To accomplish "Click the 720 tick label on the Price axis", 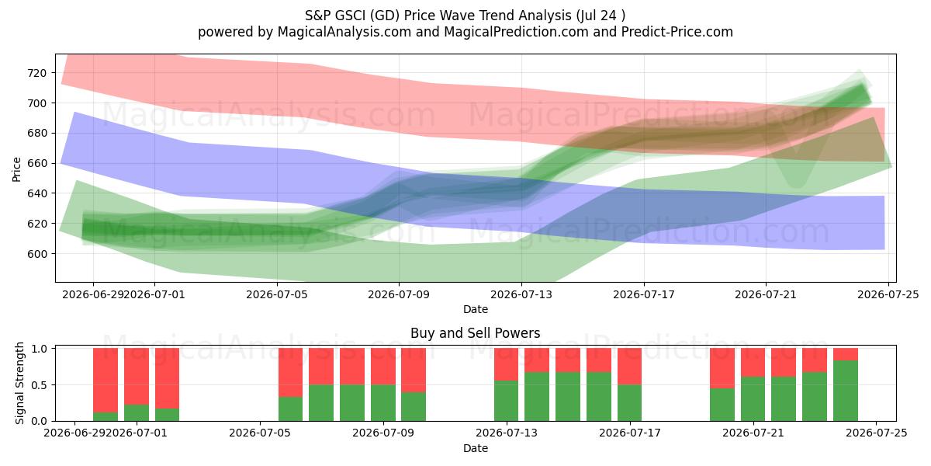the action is point(37,73).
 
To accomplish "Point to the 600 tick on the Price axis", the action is point(37,254).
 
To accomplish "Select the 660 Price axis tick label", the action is point(37,164).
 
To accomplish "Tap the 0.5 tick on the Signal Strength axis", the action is point(40,385).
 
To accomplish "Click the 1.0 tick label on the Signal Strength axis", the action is point(40,349).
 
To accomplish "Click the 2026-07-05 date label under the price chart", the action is point(277,294).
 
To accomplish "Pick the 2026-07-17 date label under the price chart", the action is point(644,294).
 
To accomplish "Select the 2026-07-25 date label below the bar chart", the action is point(877,433).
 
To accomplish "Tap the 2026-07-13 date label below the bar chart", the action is point(506,433).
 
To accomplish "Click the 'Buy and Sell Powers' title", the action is point(476,333).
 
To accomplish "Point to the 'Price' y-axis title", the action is point(16,169).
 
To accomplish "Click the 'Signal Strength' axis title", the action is point(19,383).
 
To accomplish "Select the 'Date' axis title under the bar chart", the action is point(476,448).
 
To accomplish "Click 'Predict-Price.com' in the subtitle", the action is point(677,32).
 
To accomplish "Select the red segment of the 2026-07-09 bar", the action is point(414,370).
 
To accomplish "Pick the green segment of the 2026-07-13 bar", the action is point(506,401).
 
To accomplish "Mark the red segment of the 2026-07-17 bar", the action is point(630,367).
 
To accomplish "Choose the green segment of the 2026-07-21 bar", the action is point(753,399).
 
